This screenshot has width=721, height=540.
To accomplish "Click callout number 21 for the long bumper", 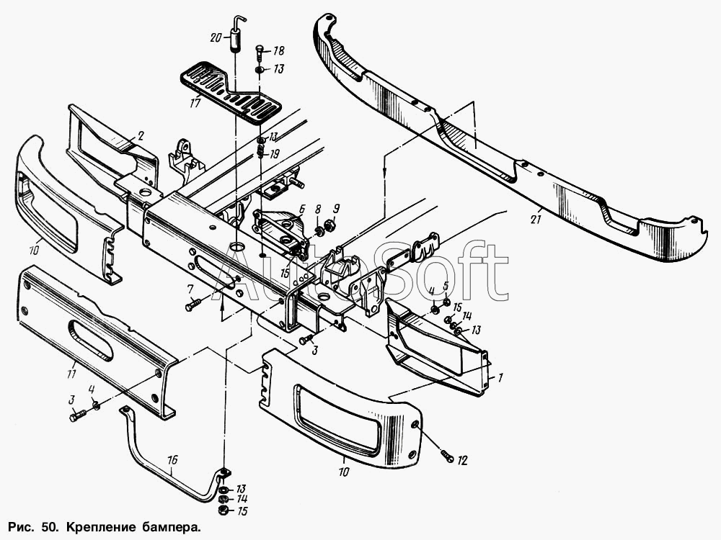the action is [535, 220].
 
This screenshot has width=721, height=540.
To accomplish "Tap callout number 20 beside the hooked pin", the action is [216, 37].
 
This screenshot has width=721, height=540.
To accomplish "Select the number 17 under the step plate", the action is [195, 103].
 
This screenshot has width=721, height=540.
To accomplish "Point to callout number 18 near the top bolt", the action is [278, 51].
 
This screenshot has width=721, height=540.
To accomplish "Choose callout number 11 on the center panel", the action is [71, 374].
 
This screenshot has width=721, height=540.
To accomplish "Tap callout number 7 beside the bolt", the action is [190, 289].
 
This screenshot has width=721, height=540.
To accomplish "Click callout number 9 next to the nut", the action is [336, 209].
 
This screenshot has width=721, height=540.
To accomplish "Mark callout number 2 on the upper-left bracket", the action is [141, 135].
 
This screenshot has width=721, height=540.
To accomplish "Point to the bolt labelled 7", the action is [193, 305].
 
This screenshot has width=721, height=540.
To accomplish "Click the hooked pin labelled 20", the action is [236, 34].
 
